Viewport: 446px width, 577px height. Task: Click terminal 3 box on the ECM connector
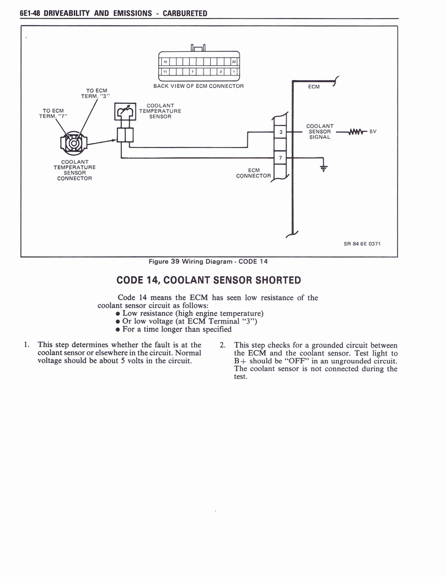pyautogui.click(x=280, y=132)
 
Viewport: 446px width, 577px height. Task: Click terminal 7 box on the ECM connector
pyautogui.click(x=280, y=157)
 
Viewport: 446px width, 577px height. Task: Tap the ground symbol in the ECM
pyautogui.click(x=323, y=167)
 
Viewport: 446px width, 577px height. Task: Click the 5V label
pyautogui.click(x=372, y=132)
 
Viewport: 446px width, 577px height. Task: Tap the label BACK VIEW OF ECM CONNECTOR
pyautogui.click(x=198, y=86)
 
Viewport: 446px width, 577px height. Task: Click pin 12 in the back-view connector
pyautogui.click(x=165, y=61)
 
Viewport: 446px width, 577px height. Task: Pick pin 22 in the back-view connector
pyautogui.click(x=233, y=61)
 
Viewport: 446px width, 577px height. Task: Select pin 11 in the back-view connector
pyautogui.click(x=165, y=72)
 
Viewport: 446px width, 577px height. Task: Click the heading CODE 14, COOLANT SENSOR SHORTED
pyautogui.click(x=208, y=280)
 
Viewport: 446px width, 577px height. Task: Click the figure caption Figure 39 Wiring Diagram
pyautogui.click(x=207, y=261)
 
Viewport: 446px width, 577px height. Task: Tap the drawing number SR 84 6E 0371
pyautogui.click(x=363, y=244)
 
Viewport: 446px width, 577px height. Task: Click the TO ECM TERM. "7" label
pyautogui.click(x=53, y=113)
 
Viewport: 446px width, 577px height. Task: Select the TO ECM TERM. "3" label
pyautogui.click(x=96, y=93)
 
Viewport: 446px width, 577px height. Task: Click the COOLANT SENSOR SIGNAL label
pyautogui.click(x=320, y=131)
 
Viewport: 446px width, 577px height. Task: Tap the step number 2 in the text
pyautogui.click(x=223, y=345)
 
